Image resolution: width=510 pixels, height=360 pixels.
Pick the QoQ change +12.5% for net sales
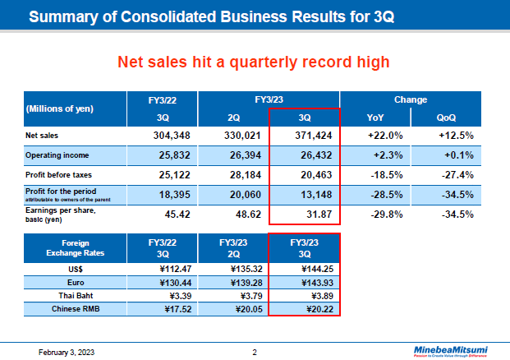tap(457, 134)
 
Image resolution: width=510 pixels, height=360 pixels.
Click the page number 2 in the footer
tap(255, 352)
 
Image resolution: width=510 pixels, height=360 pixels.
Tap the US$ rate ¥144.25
tap(305, 268)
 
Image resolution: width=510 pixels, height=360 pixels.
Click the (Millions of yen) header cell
tap(60, 108)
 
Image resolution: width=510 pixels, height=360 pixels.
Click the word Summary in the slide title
tap(63, 16)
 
